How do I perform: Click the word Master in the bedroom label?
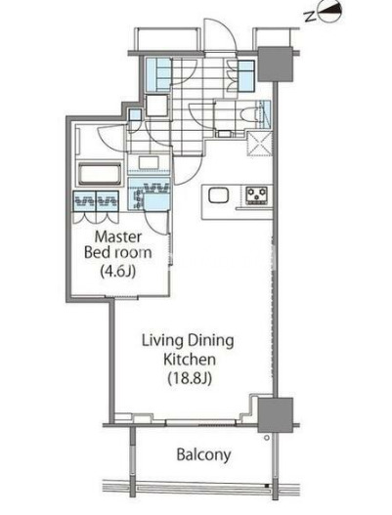pyautogui.click(x=118, y=236)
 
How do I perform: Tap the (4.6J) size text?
pyautogui.click(x=118, y=272)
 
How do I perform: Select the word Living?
pyautogui.click(x=158, y=341)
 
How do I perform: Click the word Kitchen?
pyautogui.click(x=190, y=360)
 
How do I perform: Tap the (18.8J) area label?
pyautogui.click(x=190, y=378)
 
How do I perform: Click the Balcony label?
pyautogui.click(x=203, y=455)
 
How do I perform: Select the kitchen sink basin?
pyautogui.click(x=218, y=195)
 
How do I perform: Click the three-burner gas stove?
pyautogui.click(x=257, y=195)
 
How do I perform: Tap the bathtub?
pyautogui.click(x=100, y=173)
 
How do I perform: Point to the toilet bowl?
pyautogui.click(x=248, y=116)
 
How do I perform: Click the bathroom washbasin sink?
pyautogui.click(x=149, y=162)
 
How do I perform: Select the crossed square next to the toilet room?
pyautogui.click(x=260, y=144)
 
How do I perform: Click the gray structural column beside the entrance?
pyautogui.click(x=275, y=64)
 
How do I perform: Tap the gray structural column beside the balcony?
pyautogui.click(x=275, y=415)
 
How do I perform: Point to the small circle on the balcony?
pyautogui.click(x=267, y=438)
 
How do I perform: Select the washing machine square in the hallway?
pyautogui.click(x=157, y=106)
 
